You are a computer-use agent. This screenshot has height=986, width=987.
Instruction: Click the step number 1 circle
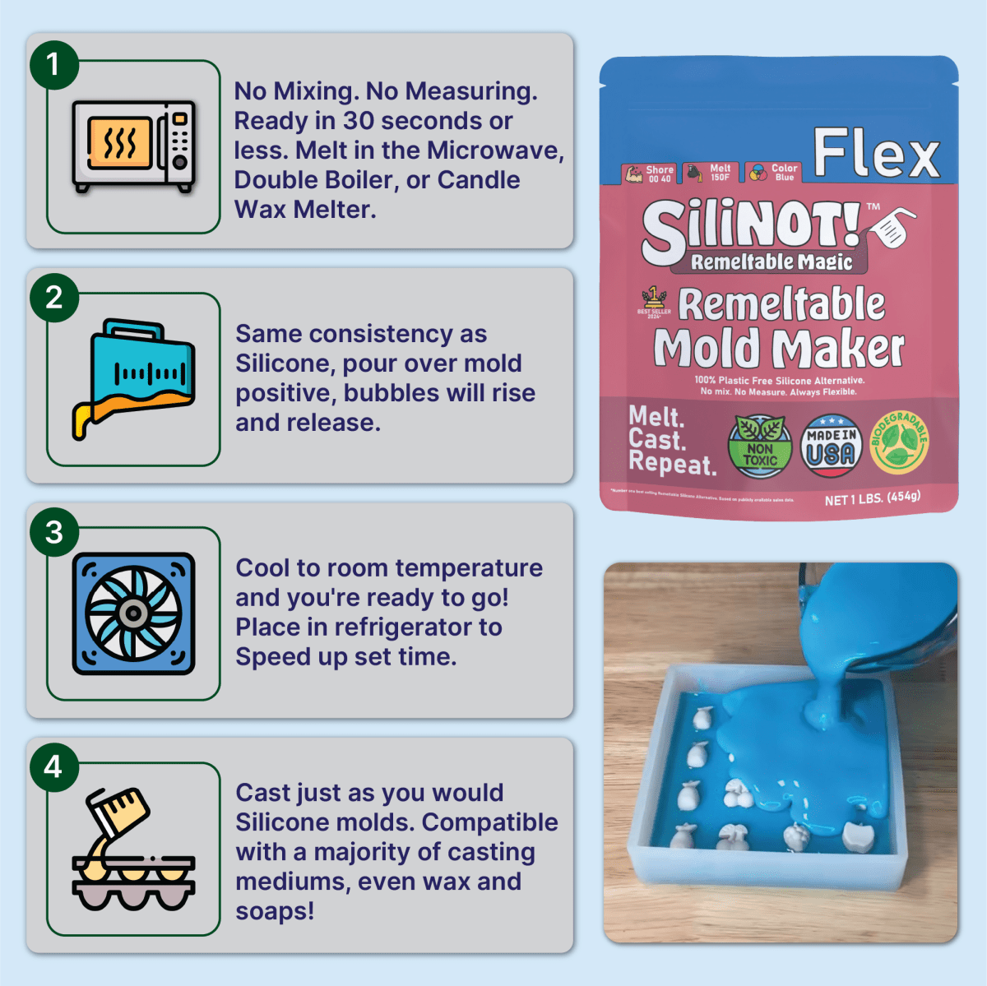coord(53,64)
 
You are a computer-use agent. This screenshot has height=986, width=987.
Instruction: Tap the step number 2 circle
coord(53,298)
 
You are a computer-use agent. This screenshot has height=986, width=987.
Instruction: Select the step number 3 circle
coord(53,532)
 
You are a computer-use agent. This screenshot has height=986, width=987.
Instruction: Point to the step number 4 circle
coord(53,766)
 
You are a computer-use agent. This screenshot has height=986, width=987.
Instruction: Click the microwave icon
coord(134,146)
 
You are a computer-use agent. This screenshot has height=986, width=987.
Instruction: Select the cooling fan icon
coord(133,613)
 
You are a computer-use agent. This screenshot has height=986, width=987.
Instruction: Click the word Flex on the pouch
coord(876,154)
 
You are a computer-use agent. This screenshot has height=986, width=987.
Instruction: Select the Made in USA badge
coord(831,447)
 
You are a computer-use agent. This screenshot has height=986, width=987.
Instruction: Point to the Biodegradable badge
coord(900,443)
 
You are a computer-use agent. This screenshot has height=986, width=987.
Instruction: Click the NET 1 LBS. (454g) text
coord(873,498)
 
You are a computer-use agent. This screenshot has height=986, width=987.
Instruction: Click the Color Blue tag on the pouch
coord(774,173)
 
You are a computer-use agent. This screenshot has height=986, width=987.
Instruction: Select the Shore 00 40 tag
coord(649,174)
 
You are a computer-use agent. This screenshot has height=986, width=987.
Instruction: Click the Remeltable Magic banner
coord(771,262)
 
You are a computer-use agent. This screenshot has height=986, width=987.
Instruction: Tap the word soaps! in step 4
coord(275,911)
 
